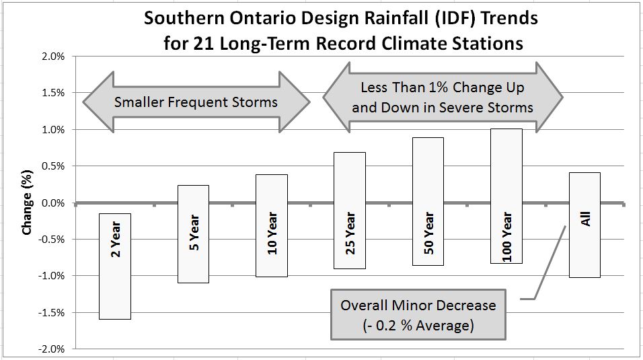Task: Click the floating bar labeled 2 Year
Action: (x=114, y=266)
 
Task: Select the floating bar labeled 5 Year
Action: (x=193, y=233)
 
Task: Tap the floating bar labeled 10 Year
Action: (x=271, y=225)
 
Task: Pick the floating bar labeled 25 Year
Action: (x=350, y=210)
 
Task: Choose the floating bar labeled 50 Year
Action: (x=428, y=201)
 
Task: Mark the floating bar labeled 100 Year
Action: (x=506, y=196)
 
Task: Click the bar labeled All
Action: (x=584, y=225)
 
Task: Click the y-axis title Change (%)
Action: (x=28, y=203)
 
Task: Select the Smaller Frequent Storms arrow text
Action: (x=196, y=103)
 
